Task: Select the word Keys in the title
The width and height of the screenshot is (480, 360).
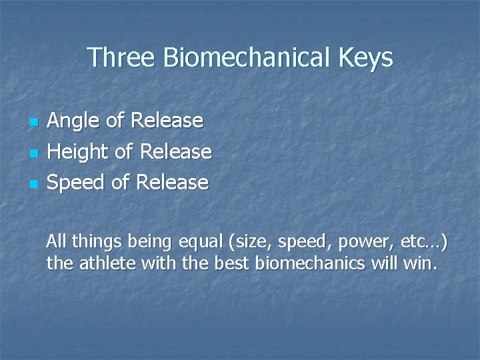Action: point(366,58)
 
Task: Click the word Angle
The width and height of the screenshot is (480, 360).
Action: point(73,121)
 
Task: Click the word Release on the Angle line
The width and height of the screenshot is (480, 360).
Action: point(167,121)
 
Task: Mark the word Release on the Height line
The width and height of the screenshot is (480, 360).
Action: point(176,151)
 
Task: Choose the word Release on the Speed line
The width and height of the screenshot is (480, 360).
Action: point(173,181)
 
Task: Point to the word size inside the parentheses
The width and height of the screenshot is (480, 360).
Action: point(249,241)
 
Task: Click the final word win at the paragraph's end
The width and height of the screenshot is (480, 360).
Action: point(423,263)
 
